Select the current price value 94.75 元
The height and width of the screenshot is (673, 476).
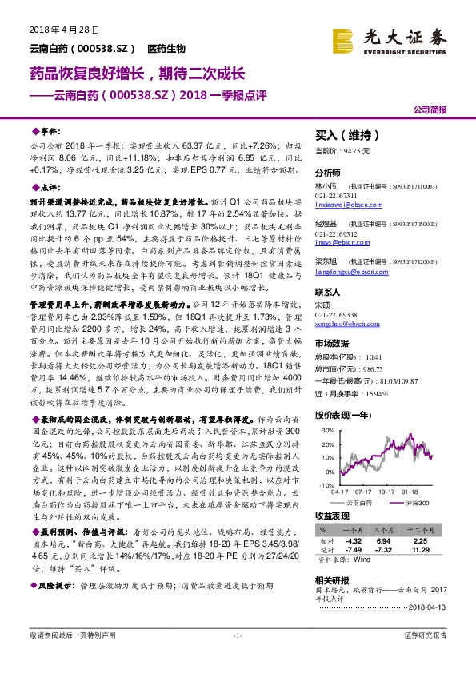tap(360, 149)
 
